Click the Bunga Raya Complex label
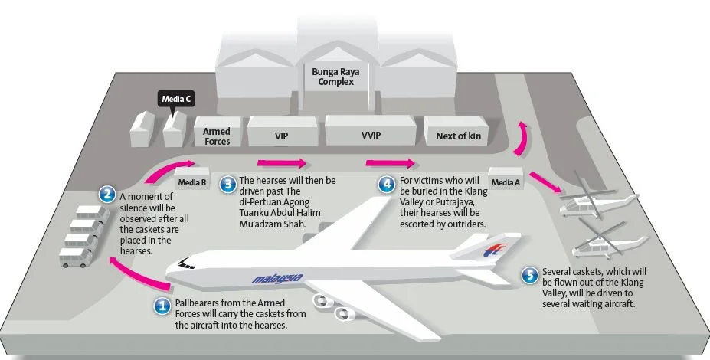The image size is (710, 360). point(332,77)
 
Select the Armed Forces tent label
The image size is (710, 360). point(216,136)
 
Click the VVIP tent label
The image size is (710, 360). point(371,136)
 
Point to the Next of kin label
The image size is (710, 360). point(456,136)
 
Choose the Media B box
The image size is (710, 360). point(192,182)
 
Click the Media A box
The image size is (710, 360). point(504,182)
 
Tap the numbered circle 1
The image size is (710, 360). point(162,306)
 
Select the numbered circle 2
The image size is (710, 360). point(106,195)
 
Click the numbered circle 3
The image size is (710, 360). point(227,184)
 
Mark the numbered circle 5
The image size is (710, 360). point(529,276)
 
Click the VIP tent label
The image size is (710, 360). point(282,136)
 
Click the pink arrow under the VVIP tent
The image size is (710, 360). point(391,162)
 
